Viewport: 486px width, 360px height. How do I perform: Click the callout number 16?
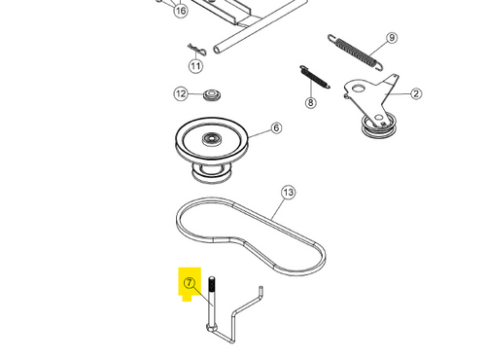pos(181,11)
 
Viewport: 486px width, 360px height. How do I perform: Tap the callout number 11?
pos(195,66)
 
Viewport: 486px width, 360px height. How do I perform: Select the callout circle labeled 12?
pos(181,94)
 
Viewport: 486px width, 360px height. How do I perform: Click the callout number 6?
pos(276,127)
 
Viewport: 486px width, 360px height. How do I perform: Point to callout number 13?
pos(288,193)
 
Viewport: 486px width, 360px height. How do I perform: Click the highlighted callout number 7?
pos(190,283)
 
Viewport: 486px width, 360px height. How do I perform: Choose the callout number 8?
pos(310,102)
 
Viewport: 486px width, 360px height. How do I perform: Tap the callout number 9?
pos(392,38)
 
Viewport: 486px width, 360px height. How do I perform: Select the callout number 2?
pos(416,93)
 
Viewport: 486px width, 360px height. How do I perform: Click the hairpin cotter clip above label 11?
pos(196,50)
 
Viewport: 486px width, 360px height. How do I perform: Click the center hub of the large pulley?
pos(212,139)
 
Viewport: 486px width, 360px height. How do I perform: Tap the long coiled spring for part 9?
pos(356,53)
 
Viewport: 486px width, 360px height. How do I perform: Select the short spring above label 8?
pos(315,77)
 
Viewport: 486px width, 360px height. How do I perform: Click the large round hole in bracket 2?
pos(359,88)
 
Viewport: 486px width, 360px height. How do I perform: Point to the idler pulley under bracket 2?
pos(378,126)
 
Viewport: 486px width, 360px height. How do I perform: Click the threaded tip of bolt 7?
pos(212,284)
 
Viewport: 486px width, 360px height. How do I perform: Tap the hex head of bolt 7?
pos(212,327)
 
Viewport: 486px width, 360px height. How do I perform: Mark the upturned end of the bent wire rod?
pos(260,291)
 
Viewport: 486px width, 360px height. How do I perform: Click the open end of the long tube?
pos(217,50)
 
